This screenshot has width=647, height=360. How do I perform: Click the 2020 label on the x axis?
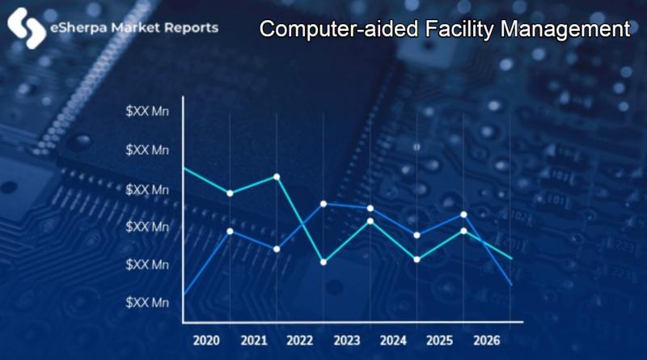(x=207, y=341)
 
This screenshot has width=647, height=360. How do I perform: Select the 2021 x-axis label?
(x=253, y=341)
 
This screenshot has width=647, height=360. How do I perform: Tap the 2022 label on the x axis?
(x=300, y=341)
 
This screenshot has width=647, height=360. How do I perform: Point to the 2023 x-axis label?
(x=347, y=341)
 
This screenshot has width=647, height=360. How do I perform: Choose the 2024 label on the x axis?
(x=393, y=341)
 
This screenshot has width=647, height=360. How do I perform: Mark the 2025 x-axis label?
(x=440, y=341)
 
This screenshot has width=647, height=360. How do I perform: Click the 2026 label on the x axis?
(x=486, y=341)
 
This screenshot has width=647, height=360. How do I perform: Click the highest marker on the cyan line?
(x=277, y=176)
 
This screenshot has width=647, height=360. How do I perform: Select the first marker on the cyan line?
(x=230, y=193)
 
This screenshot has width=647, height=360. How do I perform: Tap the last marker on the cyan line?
(x=463, y=231)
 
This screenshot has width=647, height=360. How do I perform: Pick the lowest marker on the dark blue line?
(x=277, y=248)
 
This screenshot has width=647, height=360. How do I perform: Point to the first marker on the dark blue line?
(x=230, y=231)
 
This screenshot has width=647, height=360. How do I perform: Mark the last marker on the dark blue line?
(x=463, y=214)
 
